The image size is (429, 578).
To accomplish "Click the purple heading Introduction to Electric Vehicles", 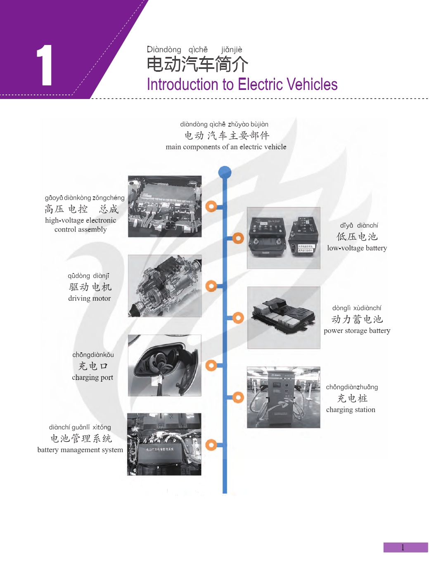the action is (x=242, y=85).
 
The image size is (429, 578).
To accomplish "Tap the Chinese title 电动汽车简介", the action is (x=197, y=64).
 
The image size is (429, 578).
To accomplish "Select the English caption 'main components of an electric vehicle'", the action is (x=226, y=147).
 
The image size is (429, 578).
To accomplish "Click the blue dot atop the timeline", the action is (x=225, y=172).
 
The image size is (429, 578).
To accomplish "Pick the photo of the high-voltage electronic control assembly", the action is (x=165, y=206).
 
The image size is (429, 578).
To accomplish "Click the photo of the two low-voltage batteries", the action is (x=284, y=238).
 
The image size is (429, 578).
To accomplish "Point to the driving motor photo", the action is (x=165, y=285).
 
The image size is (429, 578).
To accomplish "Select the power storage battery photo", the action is (x=284, y=318).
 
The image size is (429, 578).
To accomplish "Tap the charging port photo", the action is (x=165, y=366).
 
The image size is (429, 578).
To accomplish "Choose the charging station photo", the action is (x=284, y=397).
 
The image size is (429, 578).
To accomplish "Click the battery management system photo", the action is (x=164, y=444).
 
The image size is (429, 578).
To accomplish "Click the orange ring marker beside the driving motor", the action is (x=211, y=285).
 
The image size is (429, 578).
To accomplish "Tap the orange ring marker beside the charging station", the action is (x=238, y=397).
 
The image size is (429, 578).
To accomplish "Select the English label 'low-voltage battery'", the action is (x=357, y=248).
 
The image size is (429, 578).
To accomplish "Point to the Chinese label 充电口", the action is (x=93, y=366).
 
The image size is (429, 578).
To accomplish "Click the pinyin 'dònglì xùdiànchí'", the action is (x=357, y=308).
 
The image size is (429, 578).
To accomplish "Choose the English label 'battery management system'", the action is (x=80, y=450).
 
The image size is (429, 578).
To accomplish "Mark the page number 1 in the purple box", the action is (x=403, y=547).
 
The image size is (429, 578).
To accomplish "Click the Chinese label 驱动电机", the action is (x=90, y=287).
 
